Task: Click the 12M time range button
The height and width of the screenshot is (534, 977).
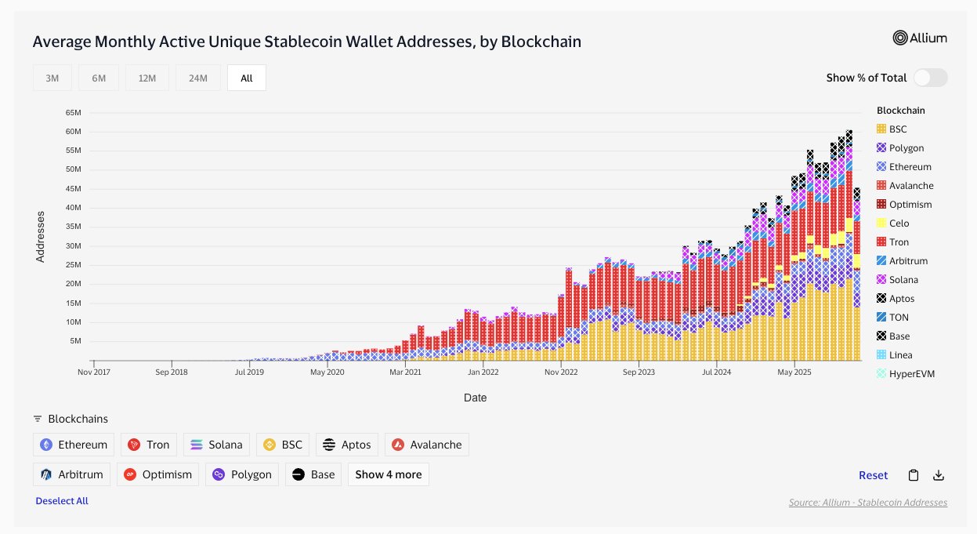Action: [x=147, y=78]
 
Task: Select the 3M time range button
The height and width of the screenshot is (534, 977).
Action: [x=52, y=78]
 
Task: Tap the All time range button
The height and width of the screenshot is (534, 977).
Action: [x=247, y=78]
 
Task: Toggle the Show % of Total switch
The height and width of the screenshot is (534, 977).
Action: [x=930, y=78]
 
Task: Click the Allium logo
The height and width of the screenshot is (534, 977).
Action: [x=920, y=38]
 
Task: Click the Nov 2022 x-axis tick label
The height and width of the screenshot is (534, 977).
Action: [x=561, y=373]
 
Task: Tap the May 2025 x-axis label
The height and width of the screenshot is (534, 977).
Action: [x=794, y=373]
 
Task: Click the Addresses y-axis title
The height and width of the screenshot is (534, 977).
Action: [x=40, y=235]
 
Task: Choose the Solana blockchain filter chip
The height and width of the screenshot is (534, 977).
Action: [x=217, y=445]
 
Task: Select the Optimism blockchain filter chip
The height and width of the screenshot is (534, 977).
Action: [x=158, y=474]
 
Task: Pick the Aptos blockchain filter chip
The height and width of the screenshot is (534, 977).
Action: [x=347, y=445]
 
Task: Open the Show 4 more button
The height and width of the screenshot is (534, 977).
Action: [x=388, y=474]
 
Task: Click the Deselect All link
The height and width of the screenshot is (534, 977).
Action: [x=62, y=501]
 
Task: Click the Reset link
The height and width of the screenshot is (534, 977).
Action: [x=873, y=475]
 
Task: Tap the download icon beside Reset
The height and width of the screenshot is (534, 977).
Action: [x=939, y=475]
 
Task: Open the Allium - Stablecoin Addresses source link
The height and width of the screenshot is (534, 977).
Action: [x=868, y=502]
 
